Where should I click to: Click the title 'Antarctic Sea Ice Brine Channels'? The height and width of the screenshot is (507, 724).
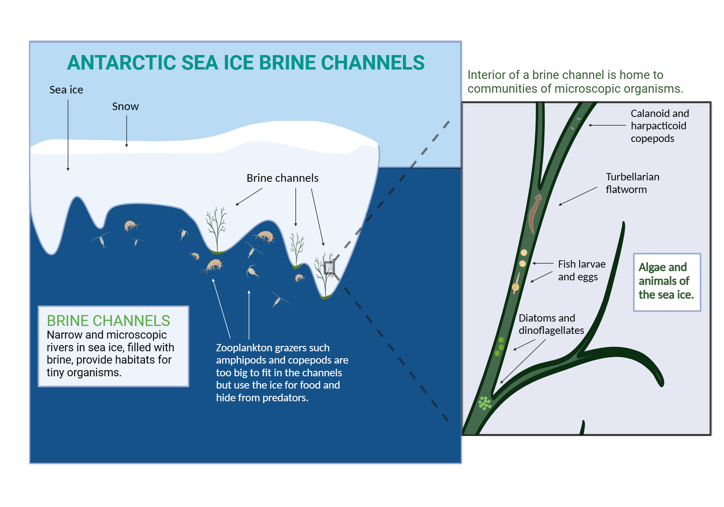(x=245, y=63)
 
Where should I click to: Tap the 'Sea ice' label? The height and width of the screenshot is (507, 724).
(x=66, y=90)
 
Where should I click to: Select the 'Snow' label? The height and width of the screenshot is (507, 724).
(x=125, y=106)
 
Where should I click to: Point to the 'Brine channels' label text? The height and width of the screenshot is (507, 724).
(x=282, y=178)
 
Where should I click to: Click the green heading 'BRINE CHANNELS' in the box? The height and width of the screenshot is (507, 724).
(x=108, y=320)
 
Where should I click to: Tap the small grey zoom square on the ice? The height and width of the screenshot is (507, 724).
(x=329, y=268)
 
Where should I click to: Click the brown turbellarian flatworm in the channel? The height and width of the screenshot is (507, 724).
(x=534, y=214)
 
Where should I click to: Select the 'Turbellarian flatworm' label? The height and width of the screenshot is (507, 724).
(x=632, y=183)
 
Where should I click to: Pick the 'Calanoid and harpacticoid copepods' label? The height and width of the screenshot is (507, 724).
(x=659, y=126)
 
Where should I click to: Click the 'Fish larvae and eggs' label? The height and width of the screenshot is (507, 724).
(x=581, y=270)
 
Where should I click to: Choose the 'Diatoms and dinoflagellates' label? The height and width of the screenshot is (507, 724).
(x=551, y=324)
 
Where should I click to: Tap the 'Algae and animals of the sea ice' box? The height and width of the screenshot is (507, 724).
(x=666, y=281)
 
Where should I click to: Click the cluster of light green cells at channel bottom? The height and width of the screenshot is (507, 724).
(x=484, y=403)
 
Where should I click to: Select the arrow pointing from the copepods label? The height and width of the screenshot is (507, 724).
(x=607, y=125)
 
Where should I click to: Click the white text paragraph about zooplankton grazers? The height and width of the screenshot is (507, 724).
(x=282, y=372)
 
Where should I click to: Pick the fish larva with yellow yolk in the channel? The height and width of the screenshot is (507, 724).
(x=516, y=284)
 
